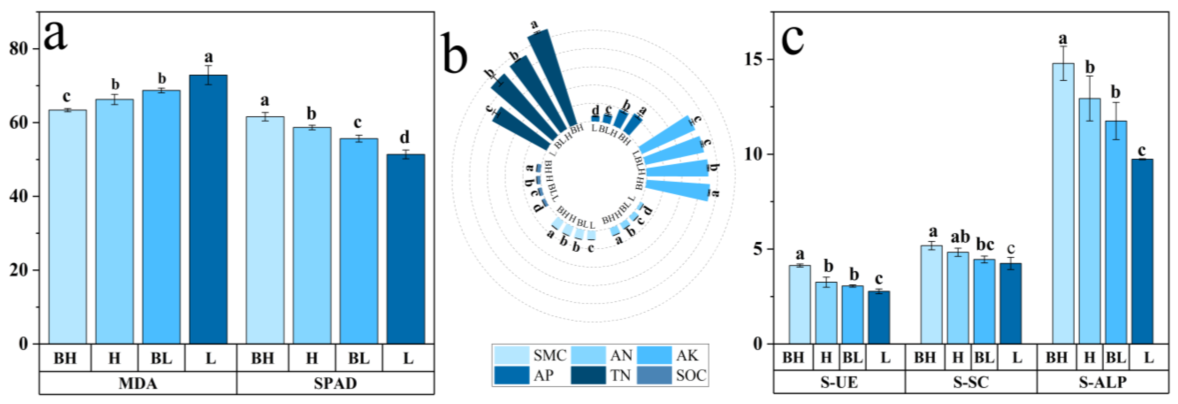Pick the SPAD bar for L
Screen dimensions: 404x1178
[406, 249]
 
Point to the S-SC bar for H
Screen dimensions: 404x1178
[958, 298]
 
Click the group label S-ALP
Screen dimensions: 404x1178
[1103, 382]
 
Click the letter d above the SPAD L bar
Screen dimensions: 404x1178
[405, 137]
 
